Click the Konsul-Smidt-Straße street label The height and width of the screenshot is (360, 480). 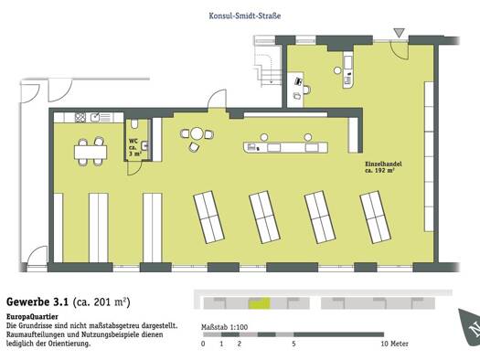click(245, 16)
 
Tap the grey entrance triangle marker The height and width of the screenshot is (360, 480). click(399, 32)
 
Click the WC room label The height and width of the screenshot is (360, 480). click(134, 147)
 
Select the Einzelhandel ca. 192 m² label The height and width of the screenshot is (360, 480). click(383, 167)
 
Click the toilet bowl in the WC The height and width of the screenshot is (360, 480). click(134, 123)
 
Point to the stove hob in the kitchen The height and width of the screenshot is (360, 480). click(80, 118)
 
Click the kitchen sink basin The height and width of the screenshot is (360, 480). click(95, 117)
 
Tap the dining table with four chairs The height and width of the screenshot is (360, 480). click(91, 152)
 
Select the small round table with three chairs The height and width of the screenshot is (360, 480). click(197, 137)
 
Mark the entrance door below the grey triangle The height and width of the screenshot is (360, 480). click(400, 50)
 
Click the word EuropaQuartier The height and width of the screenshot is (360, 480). click(32, 316)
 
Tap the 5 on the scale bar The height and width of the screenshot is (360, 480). click(293, 344)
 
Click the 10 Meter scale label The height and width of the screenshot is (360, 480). click(395, 344)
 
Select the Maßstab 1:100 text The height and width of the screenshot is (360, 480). click(224, 327)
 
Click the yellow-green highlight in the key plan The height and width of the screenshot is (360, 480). click(260, 303)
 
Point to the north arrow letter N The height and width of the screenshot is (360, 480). click(475, 329)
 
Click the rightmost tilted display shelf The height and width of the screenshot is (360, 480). click(375, 217)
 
